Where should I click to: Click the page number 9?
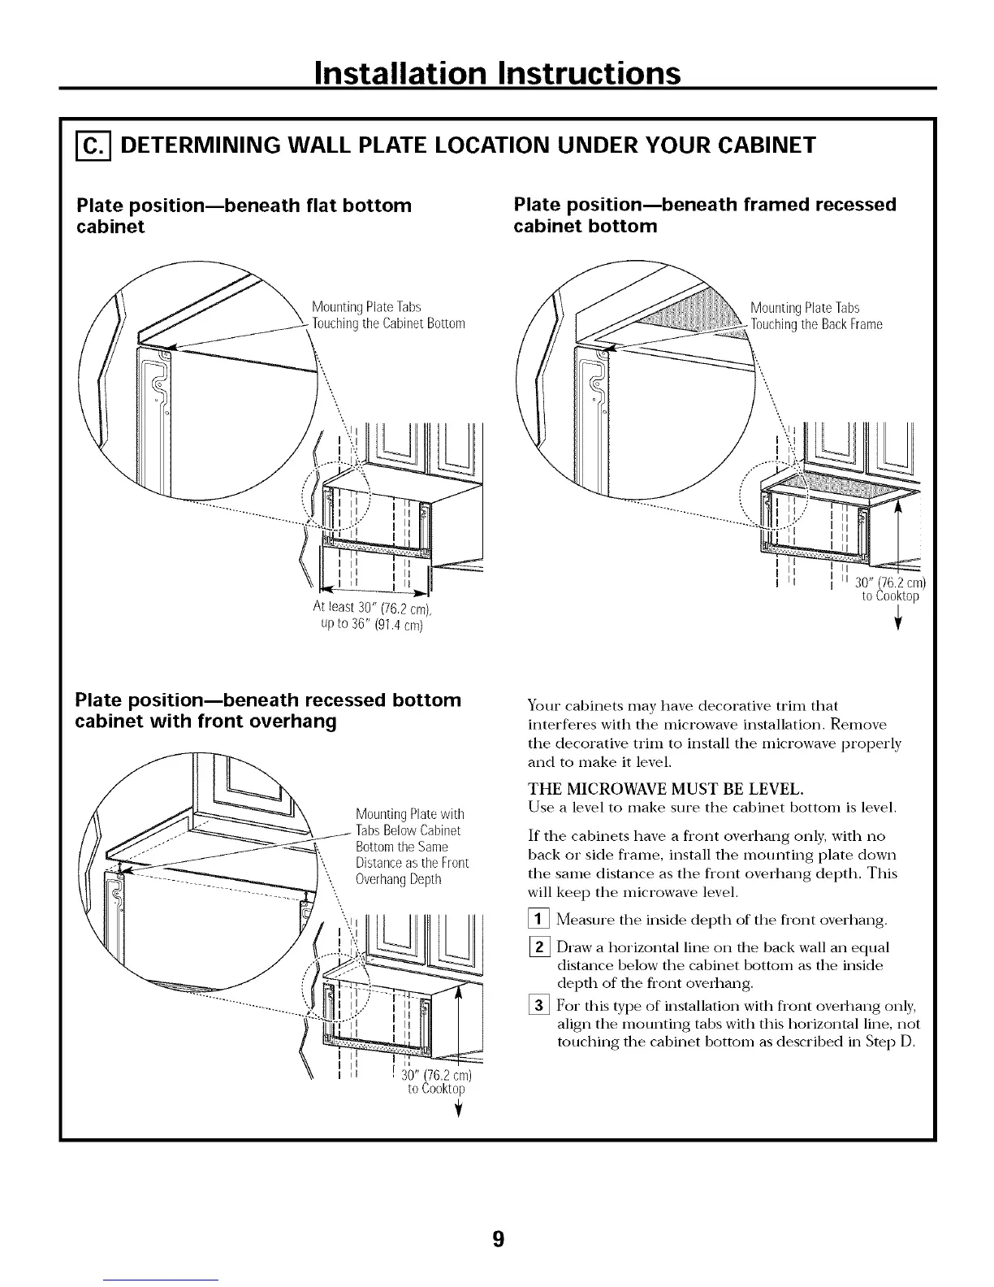498,1238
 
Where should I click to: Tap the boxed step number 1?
537,920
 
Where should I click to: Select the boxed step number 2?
537,948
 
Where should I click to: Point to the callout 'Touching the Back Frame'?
816,325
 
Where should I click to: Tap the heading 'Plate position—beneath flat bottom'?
244,206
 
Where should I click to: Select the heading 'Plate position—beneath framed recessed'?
705,205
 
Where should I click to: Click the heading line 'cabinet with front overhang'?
205,721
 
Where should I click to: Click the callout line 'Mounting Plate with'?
409,815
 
